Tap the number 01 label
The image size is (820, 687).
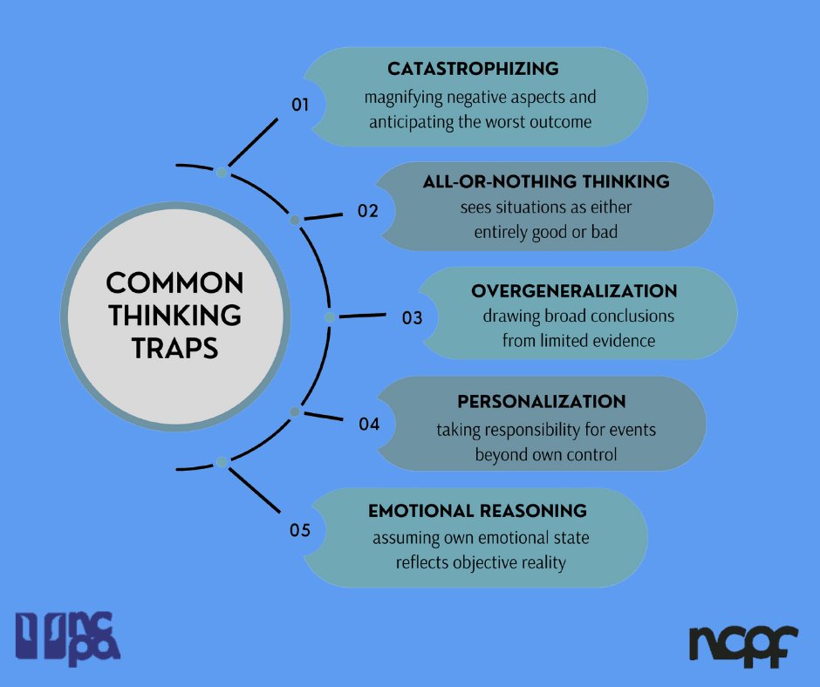[x=301, y=105]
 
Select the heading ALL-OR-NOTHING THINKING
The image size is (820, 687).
[x=546, y=182]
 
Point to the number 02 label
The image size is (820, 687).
[x=368, y=210]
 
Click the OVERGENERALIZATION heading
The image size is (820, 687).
[x=574, y=290]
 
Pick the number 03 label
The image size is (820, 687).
[x=413, y=318]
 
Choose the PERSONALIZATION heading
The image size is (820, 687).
[x=542, y=402]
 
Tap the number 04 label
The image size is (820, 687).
[x=369, y=425]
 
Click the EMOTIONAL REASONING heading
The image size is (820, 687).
[x=477, y=511]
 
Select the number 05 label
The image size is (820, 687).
[x=301, y=529]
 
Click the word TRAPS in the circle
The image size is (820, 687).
[x=174, y=348]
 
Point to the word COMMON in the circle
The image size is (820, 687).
[x=174, y=283]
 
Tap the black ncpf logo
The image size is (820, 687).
[x=743, y=643]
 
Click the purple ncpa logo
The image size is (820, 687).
[x=68, y=637]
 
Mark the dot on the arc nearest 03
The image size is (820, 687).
[x=330, y=317]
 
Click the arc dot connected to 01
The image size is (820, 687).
[x=222, y=173]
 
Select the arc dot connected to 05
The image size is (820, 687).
[x=222, y=461]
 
